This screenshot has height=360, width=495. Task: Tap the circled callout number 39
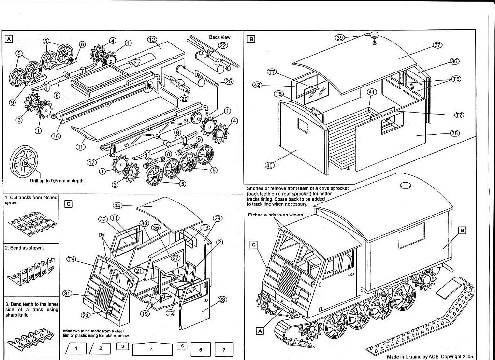(x=340, y=38)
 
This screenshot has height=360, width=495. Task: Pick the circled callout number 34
(x=117, y=207)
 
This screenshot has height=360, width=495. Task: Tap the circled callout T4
(x=72, y=259)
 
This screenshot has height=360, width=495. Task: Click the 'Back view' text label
(x=220, y=37)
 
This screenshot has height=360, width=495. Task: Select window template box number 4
(x=151, y=348)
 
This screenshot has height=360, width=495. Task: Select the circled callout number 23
(x=87, y=316)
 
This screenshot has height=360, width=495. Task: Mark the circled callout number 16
(x=56, y=136)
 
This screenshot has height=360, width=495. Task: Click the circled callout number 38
(x=455, y=133)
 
